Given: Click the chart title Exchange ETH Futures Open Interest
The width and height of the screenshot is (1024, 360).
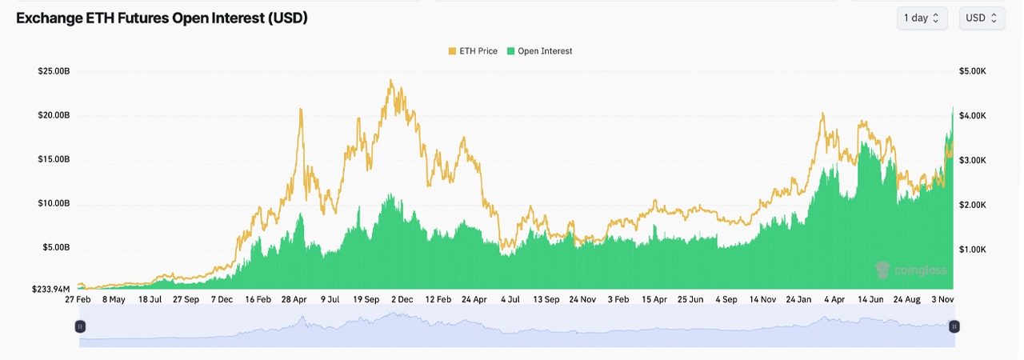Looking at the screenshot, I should [162, 18].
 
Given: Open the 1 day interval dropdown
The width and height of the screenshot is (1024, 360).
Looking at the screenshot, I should [922, 18].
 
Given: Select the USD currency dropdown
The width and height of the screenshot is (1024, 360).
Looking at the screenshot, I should [982, 18].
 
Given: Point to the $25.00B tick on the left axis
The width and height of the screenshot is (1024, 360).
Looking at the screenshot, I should [54, 71].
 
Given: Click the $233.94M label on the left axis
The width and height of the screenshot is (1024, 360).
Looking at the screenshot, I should [51, 289].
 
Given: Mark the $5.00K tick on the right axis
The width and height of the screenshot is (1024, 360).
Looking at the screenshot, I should [974, 71].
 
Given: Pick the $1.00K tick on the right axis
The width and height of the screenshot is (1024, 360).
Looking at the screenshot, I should [974, 250].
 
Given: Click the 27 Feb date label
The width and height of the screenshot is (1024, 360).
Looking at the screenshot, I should [78, 299].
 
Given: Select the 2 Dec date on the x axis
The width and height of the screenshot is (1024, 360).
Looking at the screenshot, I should [401, 299].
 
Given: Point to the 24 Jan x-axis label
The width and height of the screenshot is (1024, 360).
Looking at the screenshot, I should [801, 299].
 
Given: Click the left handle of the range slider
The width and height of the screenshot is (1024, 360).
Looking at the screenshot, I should [80, 326].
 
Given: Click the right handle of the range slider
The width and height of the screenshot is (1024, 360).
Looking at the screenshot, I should [954, 326].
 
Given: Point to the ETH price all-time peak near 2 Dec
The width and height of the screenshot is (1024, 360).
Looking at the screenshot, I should [390, 79].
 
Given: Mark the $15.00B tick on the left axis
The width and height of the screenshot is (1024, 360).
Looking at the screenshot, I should [54, 159].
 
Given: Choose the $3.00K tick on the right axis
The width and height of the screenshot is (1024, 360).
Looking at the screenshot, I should [974, 160].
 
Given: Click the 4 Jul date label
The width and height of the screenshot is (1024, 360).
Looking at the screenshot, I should [510, 299].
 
